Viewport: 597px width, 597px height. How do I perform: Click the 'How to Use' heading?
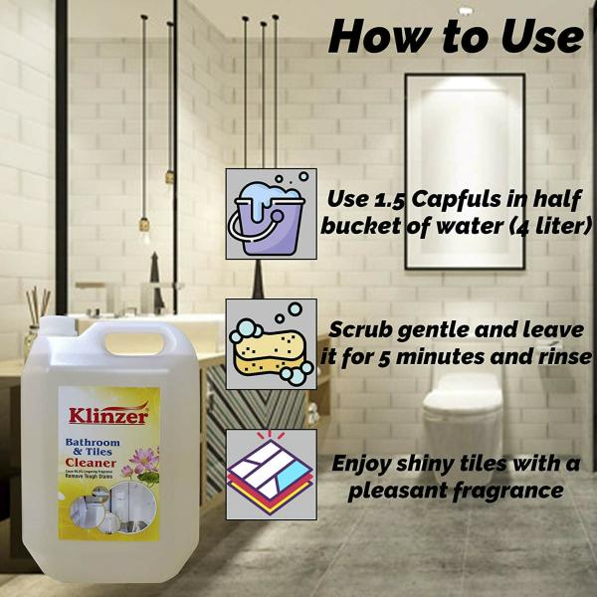[456, 37]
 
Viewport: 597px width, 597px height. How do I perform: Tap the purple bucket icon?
[271, 213]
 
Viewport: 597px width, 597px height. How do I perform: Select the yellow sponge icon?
[271, 343]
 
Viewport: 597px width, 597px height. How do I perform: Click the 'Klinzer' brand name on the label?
[108, 416]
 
